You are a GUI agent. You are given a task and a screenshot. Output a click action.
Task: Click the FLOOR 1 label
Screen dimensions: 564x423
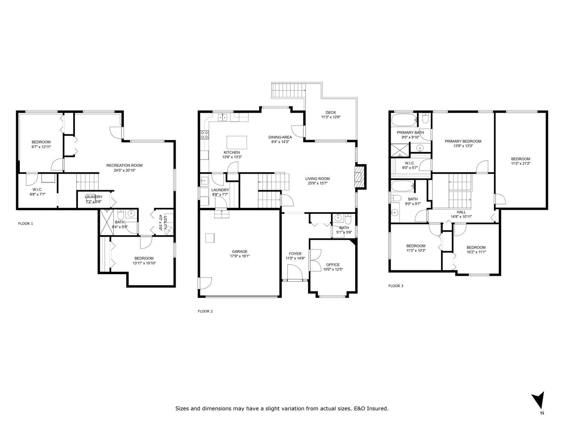pyautogui.click(x=26, y=223)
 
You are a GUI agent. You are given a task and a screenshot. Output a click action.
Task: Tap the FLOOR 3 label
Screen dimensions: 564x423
pyautogui.click(x=396, y=286)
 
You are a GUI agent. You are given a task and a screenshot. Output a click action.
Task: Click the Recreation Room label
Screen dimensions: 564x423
pyautogui.click(x=124, y=165)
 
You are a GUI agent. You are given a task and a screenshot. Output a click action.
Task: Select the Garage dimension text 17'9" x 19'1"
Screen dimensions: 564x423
pyautogui.click(x=240, y=256)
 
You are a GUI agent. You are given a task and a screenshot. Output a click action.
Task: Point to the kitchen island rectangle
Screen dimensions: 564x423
pyautogui.click(x=237, y=143)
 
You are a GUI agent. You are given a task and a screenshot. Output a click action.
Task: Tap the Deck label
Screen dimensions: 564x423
pyautogui.click(x=331, y=112)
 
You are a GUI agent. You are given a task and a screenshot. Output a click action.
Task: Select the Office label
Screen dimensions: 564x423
pyautogui.click(x=333, y=265)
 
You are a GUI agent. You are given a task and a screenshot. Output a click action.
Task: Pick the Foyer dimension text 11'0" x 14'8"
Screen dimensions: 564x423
pyautogui.click(x=295, y=258)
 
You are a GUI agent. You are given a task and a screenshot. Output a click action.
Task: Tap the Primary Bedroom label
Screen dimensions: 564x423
pyautogui.click(x=463, y=141)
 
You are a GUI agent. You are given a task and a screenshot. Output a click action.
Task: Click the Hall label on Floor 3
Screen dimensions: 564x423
pyautogui.click(x=461, y=212)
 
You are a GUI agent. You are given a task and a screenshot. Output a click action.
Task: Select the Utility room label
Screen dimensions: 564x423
pyautogui.click(x=166, y=223)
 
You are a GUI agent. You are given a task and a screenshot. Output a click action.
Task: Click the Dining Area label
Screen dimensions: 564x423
pyautogui.click(x=280, y=137)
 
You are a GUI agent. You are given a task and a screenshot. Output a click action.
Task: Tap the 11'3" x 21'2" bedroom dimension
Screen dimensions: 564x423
pyautogui.click(x=521, y=163)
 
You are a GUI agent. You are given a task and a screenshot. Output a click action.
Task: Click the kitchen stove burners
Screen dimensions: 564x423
pyautogui.click(x=205, y=135)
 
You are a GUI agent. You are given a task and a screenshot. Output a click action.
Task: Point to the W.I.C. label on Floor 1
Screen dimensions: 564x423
pyautogui.click(x=38, y=190)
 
